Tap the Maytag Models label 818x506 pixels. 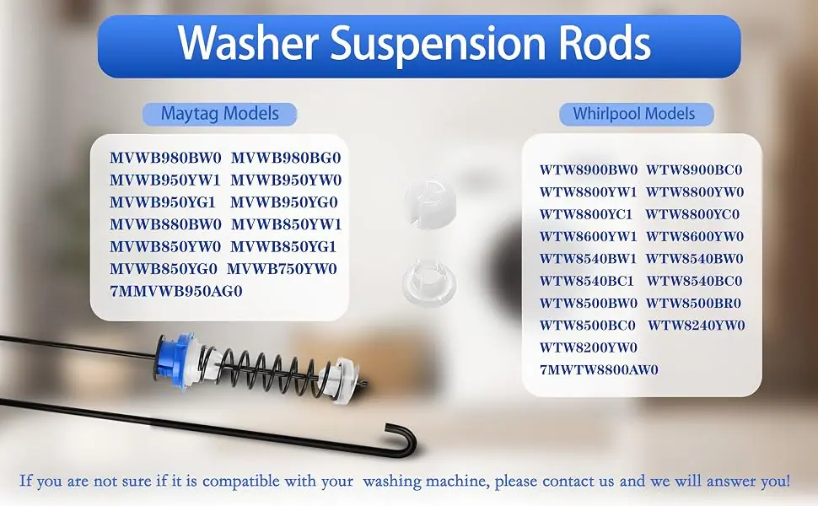pos(219,114)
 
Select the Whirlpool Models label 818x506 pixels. pos(635,114)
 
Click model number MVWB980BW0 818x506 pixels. pos(165,158)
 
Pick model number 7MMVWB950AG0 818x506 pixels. pos(175,291)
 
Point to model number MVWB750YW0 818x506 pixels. pos(282,269)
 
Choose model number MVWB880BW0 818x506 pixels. pos(165,224)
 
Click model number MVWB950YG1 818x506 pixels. pos(162,202)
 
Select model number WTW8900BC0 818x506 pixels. pos(694,170)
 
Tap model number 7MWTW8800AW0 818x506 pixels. pos(599,370)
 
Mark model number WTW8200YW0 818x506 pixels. pos(589,347)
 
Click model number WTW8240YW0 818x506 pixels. pos(697,326)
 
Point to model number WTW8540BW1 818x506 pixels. pos(588,259)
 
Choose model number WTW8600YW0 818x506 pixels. pos(695,236)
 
